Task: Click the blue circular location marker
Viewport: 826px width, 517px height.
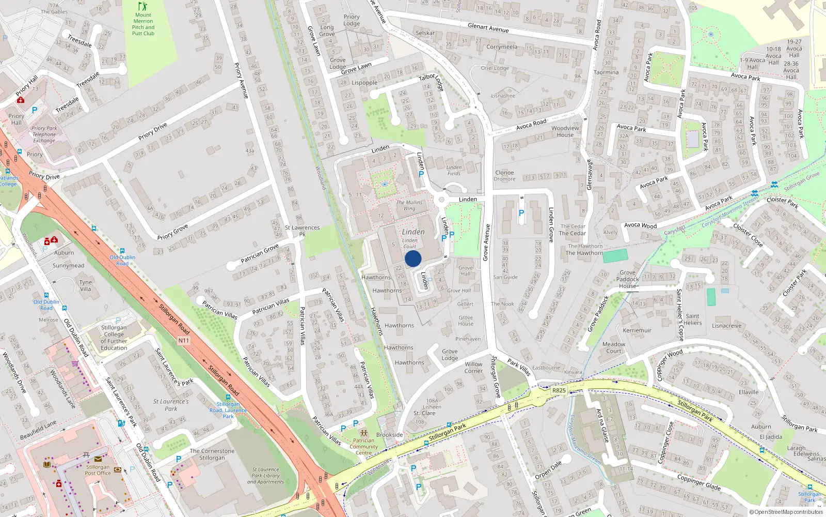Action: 413,258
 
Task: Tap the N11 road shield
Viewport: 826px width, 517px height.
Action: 184,340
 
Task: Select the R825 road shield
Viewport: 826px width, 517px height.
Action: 559,390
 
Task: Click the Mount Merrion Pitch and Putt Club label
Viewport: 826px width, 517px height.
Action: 143,24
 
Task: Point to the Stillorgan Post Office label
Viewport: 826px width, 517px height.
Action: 98,470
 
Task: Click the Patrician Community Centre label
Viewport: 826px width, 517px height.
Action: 363,447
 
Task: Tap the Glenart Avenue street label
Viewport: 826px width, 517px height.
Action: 488,28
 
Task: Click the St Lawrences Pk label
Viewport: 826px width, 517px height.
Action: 303,231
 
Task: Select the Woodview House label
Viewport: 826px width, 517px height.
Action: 565,131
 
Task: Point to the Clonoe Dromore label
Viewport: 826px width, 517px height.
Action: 504,176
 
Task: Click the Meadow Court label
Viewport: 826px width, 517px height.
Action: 614,347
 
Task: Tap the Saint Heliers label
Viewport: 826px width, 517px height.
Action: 693,320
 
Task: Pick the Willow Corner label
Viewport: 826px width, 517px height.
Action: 473,367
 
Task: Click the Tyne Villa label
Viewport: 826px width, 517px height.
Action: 86,285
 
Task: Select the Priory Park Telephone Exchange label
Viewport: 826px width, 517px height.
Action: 44,134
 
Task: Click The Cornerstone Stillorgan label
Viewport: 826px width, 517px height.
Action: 212,454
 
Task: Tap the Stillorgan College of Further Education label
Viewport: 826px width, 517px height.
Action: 114,338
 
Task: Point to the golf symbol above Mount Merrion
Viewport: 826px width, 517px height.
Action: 143,6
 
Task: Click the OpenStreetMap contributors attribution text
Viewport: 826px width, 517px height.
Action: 788,512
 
